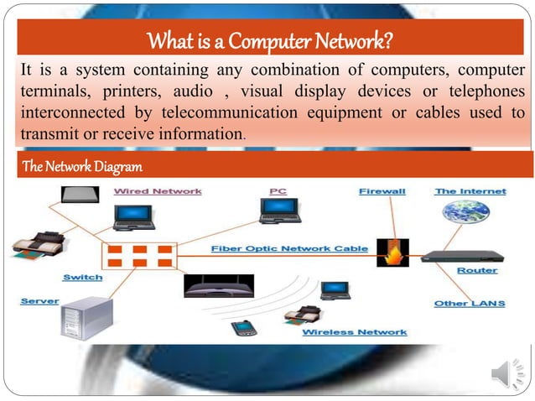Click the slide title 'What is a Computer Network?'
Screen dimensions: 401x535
click(270, 39)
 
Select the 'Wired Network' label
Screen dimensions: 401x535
click(158, 191)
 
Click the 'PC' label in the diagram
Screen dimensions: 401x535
click(278, 191)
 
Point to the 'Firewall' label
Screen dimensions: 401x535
click(382, 191)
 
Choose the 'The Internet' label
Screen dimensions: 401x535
click(470, 191)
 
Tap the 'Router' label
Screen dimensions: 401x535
click(477, 271)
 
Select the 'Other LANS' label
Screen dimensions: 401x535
click(468, 303)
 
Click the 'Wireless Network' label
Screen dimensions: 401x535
click(354, 332)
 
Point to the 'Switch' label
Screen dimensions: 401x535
click(82, 277)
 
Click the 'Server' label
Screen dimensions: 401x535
click(39, 300)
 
